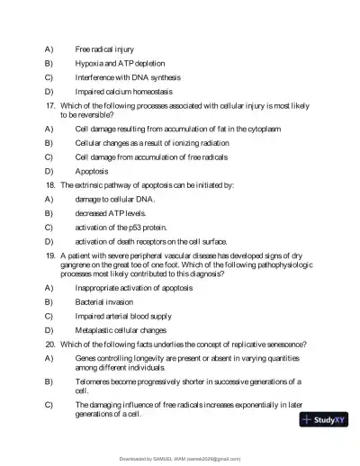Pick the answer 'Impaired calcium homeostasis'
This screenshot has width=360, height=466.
pos(124,91)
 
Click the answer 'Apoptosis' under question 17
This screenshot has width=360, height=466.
pos(92,171)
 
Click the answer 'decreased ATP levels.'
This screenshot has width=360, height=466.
pos(111,212)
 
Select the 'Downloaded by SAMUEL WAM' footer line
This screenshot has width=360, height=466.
pos(180,458)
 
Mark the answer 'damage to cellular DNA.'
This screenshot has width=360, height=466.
pos(114,198)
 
